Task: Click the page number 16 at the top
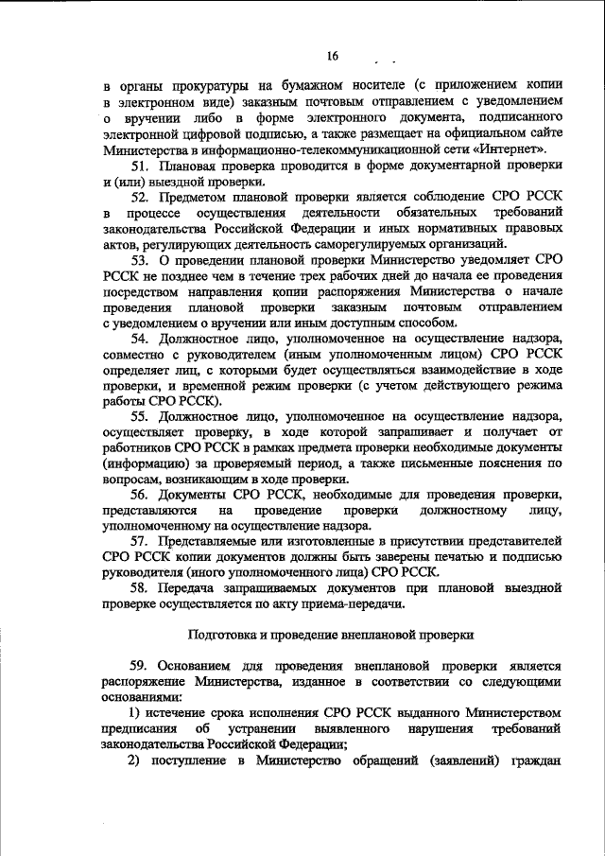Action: [x=333, y=55]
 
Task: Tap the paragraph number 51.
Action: [x=141, y=166]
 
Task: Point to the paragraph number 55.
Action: [x=141, y=418]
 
